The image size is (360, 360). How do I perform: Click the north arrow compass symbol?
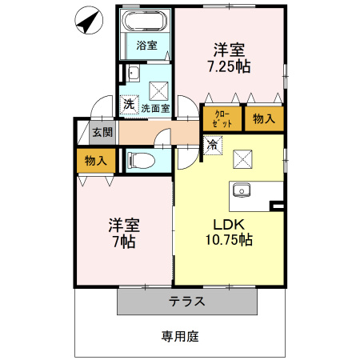coord(89,20)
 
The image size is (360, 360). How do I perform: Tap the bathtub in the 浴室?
coord(145,20)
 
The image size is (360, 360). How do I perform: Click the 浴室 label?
coord(146,45)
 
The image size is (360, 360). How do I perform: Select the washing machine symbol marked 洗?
coord(129,104)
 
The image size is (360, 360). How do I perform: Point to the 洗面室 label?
coord(155,108)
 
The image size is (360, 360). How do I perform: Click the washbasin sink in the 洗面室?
coord(134,73)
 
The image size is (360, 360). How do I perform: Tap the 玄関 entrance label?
coord(102,132)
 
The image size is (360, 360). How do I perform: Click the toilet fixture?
coord(141,161)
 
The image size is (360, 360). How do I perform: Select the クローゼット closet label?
coord(222,119)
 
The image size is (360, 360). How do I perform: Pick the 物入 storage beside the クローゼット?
coord(264,118)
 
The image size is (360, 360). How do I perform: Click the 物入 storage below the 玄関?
coord(96,161)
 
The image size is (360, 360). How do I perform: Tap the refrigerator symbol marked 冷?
coord(213,145)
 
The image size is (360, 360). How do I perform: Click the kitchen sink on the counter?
coord(242,190)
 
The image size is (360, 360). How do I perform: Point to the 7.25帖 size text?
coord(229,66)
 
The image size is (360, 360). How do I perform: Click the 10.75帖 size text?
coord(229,239)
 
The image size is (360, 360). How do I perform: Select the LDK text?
coord(229,225)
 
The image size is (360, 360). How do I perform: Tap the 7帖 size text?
coord(124,242)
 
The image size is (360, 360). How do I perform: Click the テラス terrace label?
coord(187,302)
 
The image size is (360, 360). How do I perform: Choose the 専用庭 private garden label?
coord(180,337)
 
